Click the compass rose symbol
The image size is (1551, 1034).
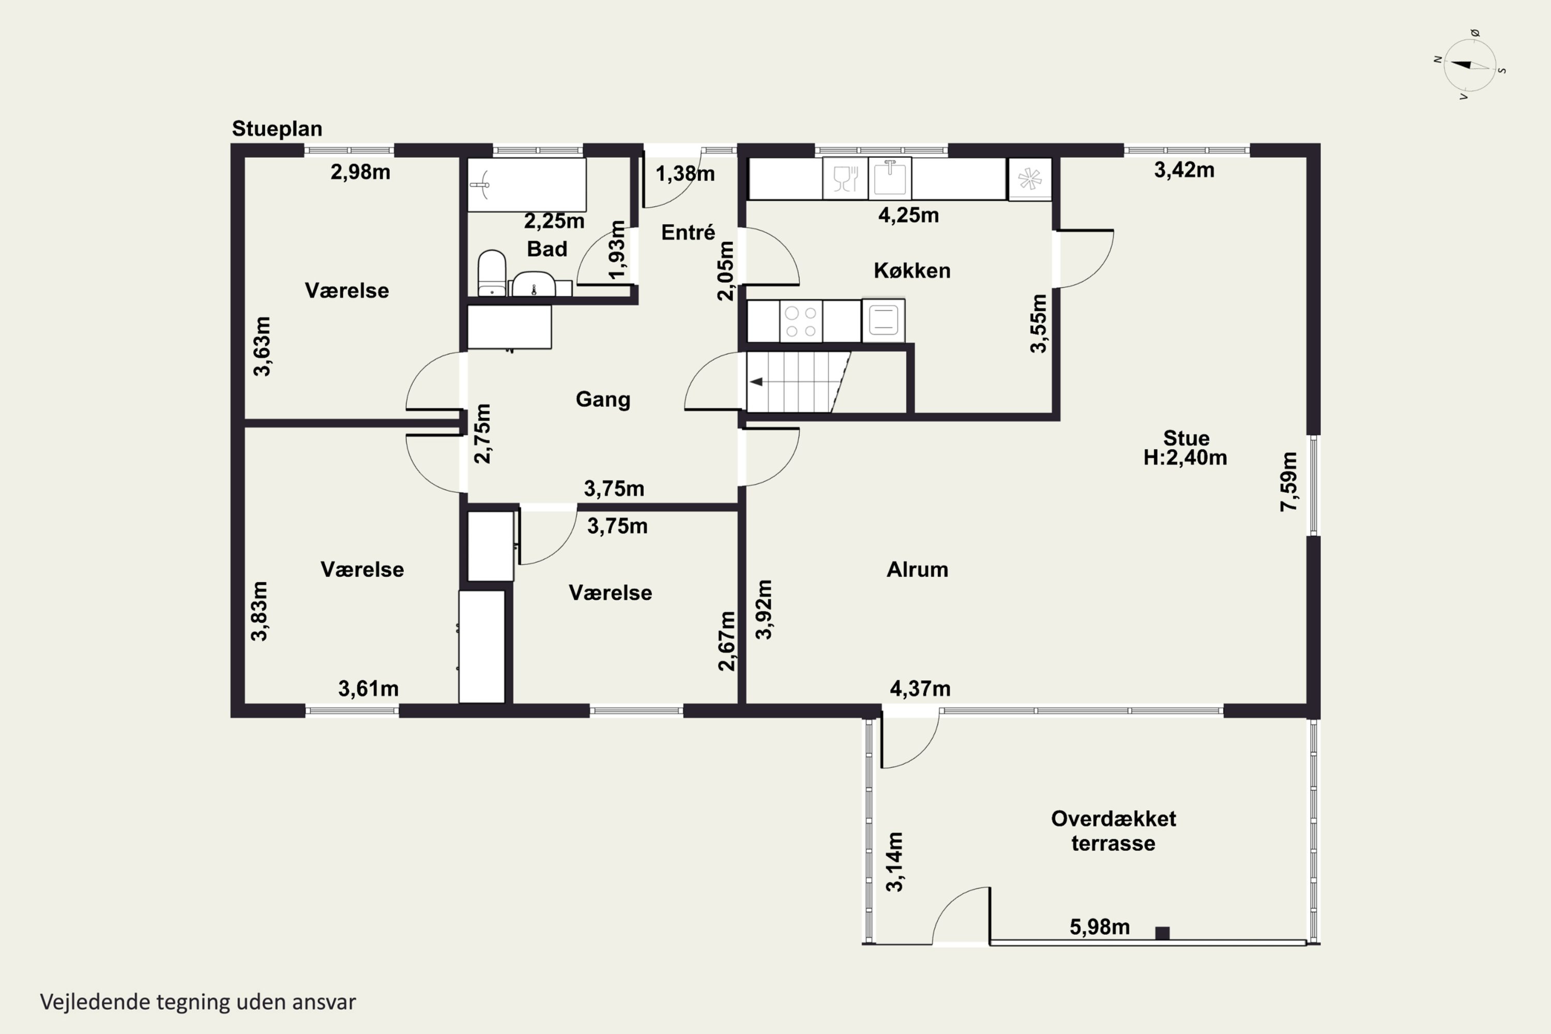1470,65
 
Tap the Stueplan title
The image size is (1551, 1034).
277,129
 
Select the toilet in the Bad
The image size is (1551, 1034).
491,273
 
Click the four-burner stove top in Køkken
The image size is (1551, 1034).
800,321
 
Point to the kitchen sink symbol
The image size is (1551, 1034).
890,178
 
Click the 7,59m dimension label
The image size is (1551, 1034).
1289,481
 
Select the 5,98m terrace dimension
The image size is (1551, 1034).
1099,927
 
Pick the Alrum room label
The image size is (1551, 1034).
917,569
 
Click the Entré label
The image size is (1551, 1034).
688,232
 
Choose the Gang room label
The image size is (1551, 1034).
603,400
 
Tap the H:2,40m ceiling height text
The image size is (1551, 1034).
1185,458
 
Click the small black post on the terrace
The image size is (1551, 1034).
1163,933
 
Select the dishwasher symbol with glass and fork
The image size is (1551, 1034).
845,178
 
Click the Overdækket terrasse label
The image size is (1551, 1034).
1113,831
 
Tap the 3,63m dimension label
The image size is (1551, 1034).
262,346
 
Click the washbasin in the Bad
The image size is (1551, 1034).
534,285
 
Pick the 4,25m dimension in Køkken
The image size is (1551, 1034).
908,215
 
